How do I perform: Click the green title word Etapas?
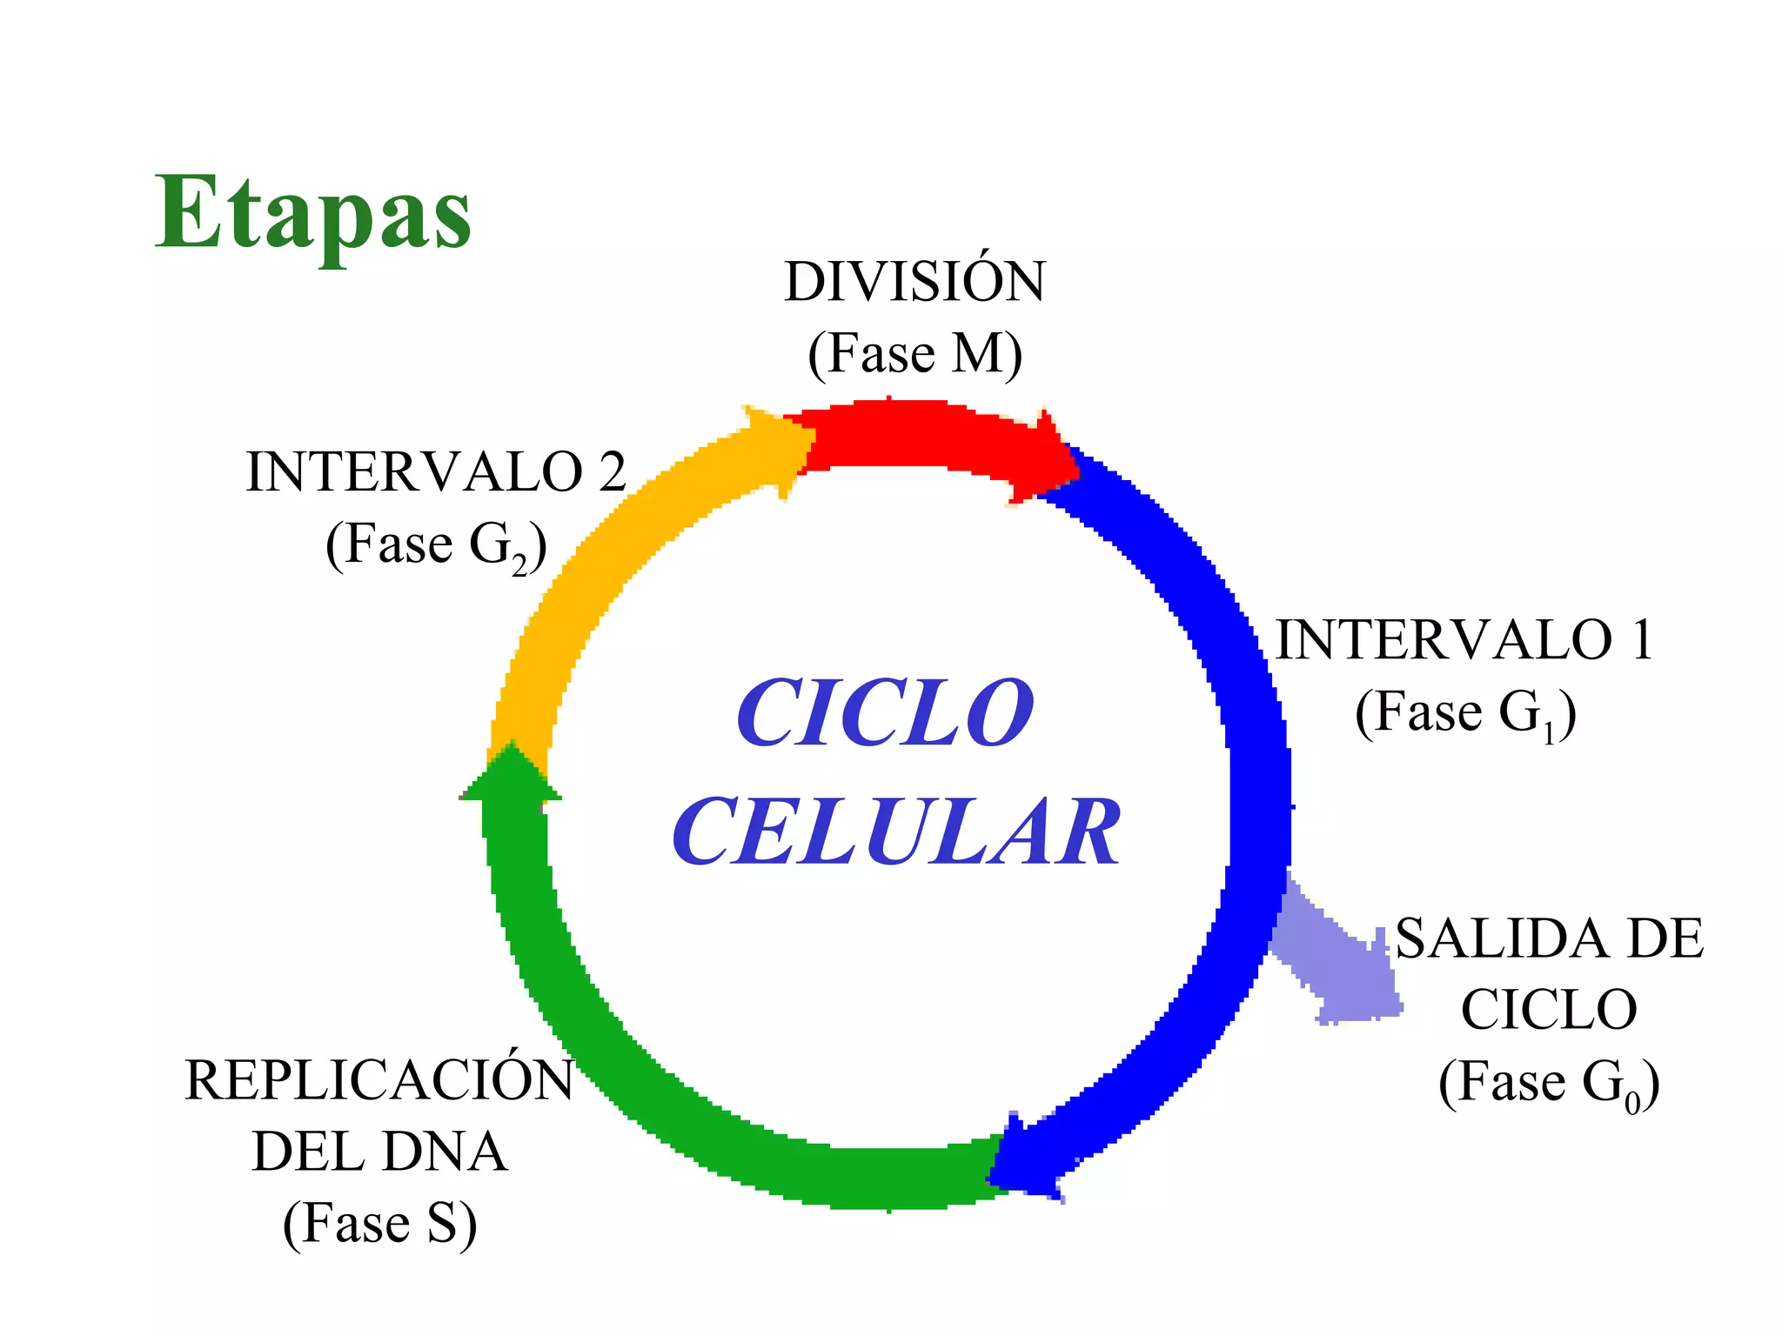pyautogui.click(x=313, y=213)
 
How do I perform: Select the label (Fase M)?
pyautogui.click(x=914, y=354)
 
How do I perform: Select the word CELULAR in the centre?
pyautogui.click(x=896, y=832)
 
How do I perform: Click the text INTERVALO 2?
pyautogui.click(x=435, y=472)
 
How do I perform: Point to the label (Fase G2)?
pyautogui.click(x=435, y=546)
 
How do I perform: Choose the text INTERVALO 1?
pyautogui.click(x=1464, y=640)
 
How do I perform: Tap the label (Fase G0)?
pyautogui.click(x=1549, y=1083)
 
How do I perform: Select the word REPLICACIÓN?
pyautogui.click(x=379, y=1080)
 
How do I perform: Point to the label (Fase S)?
pyautogui.click(x=379, y=1224)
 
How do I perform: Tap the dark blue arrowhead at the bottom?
pyautogui.click(x=1027, y=1157)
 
